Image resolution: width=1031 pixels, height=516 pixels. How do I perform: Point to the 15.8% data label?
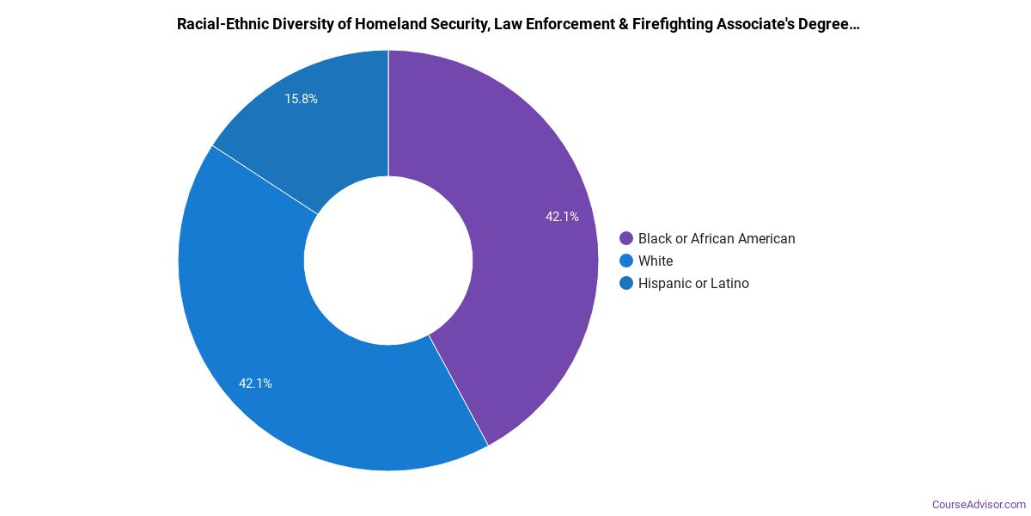click(302, 99)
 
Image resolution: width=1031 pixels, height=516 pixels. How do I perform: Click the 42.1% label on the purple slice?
click(562, 217)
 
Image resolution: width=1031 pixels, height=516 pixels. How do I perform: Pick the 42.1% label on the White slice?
click(256, 384)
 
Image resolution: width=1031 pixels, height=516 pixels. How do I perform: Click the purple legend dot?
click(626, 238)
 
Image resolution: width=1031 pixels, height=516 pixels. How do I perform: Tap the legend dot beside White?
click(626, 261)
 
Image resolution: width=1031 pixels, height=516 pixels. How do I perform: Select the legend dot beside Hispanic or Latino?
click(626, 283)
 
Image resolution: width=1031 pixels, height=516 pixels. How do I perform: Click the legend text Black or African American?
click(717, 238)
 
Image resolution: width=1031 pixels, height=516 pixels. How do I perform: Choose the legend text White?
click(656, 261)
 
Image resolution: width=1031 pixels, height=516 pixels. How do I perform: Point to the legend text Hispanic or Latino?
click(693, 283)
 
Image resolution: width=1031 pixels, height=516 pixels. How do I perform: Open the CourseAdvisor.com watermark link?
click(979, 504)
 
